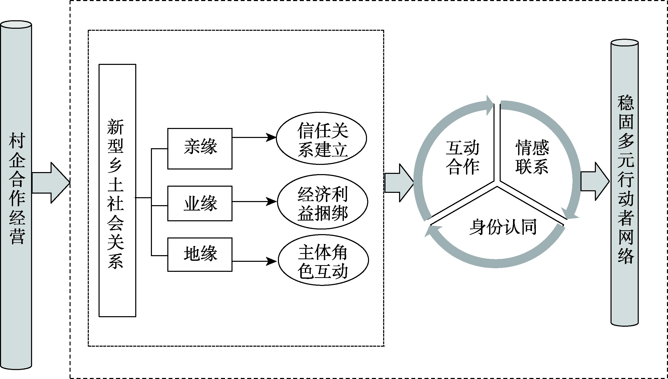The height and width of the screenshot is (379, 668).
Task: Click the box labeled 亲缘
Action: pos(200,148)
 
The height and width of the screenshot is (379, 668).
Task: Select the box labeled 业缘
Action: pos(200,203)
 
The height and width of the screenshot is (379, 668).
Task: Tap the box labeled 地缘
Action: pos(200,254)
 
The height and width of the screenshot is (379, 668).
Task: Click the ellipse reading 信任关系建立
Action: pos(322,138)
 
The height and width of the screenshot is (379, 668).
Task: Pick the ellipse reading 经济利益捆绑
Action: pos(322,202)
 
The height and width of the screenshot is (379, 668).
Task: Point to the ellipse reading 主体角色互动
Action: pos(323,260)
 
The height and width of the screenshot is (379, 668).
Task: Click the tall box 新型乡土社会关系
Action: pos(117,190)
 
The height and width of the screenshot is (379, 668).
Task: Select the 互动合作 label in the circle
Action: pos(462,157)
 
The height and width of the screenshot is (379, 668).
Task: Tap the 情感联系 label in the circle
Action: pos(532,157)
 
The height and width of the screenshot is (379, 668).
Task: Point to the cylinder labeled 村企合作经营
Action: pos(16,195)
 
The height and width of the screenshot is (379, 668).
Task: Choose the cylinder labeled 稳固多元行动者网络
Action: pos(625,182)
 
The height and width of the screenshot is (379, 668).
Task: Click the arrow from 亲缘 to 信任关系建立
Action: pos(254,137)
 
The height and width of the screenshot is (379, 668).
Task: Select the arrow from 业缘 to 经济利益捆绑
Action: pos(254,202)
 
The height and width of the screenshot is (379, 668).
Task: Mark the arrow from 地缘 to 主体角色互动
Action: pos(254,261)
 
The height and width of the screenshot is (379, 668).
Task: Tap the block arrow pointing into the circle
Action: pos(399,183)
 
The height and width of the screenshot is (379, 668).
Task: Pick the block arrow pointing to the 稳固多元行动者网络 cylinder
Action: pos(594,182)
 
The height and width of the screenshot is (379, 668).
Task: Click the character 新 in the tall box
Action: pos(116,127)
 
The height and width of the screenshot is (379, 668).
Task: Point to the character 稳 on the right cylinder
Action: pos(626,103)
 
